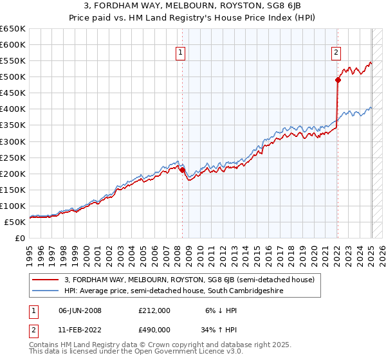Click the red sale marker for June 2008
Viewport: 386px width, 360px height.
182,169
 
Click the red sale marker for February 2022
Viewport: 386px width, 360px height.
337,80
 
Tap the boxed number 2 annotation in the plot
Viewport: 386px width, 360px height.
336,53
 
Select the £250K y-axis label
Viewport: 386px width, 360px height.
14,157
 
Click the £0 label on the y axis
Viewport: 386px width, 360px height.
20,238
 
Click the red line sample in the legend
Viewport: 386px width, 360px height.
45,280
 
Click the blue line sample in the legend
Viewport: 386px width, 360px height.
45,291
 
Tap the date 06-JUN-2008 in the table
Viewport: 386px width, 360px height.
80,310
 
